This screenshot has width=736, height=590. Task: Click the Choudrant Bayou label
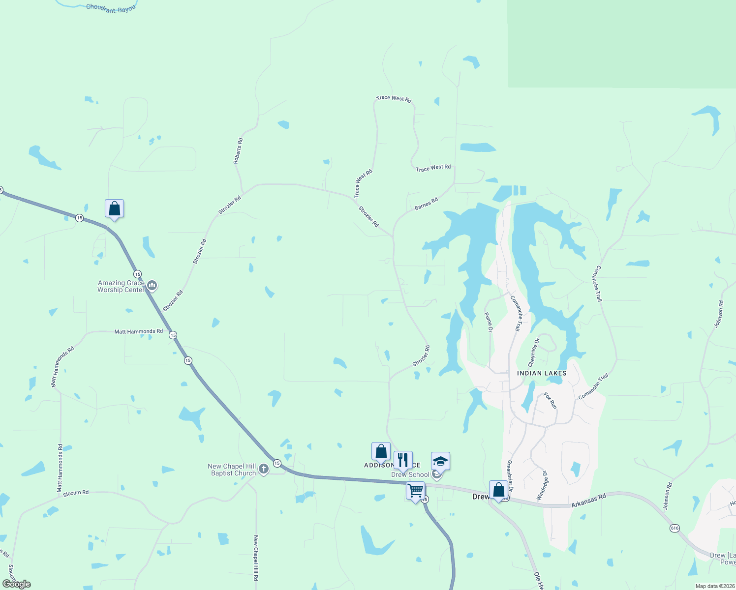pos(111,8)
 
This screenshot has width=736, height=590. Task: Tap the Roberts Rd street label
pos(238,150)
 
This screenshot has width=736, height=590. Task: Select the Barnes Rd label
pos(426,204)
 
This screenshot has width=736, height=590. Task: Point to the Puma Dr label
pos(488,322)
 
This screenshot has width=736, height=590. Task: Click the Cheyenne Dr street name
pos(534,352)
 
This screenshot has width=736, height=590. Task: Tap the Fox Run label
pos(550,400)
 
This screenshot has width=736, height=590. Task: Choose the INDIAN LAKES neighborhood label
pos(542,373)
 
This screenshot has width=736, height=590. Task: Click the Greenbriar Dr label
pos(510,476)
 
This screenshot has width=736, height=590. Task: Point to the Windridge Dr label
pos(542,485)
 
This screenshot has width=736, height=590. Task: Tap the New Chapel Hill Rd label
pos(256,558)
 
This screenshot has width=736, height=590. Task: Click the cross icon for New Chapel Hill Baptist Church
pos(264,469)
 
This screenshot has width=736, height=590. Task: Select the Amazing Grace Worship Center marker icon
pos(152,285)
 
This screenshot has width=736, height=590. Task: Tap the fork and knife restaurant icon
pos(403,460)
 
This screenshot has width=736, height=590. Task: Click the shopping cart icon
pos(415,490)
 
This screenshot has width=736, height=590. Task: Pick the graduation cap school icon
pos(440,461)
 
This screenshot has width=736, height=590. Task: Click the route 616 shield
pos(674,528)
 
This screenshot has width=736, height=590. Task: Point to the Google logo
pos(16,584)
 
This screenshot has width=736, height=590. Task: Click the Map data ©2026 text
pos(714,586)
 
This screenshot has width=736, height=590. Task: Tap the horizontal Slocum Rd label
pos(76,493)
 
